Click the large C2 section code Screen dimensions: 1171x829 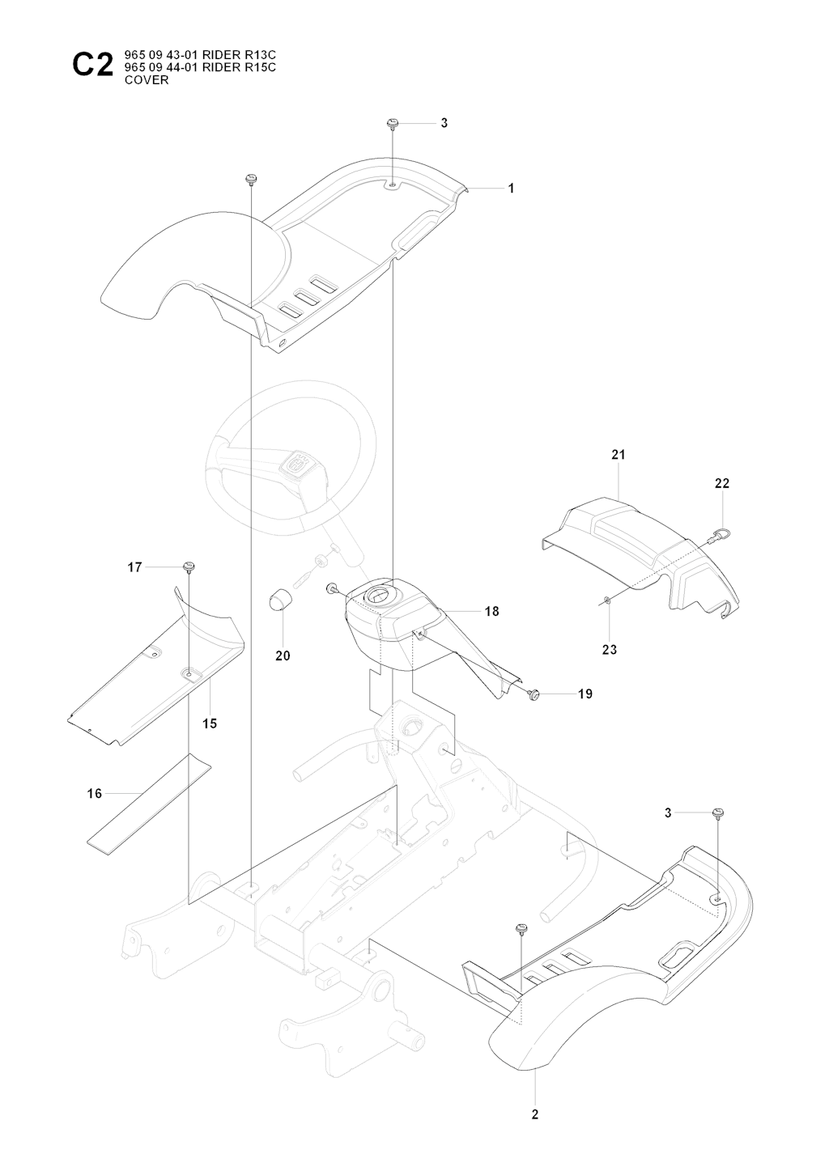click(92, 64)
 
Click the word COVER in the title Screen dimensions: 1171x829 click(147, 80)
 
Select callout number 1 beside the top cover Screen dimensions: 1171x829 click(511, 189)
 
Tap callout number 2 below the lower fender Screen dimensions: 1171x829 click(535, 1114)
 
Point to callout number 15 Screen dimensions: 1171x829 click(210, 724)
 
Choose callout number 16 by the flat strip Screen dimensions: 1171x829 click(95, 793)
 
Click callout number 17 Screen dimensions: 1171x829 click(134, 568)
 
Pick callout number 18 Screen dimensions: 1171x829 click(491, 612)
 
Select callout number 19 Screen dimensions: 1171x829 click(585, 694)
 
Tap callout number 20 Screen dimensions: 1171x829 click(283, 656)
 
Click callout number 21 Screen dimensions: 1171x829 click(619, 456)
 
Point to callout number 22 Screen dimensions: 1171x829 click(722, 483)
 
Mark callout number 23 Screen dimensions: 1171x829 click(610, 649)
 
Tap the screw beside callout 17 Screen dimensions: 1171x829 click(191, 566)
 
